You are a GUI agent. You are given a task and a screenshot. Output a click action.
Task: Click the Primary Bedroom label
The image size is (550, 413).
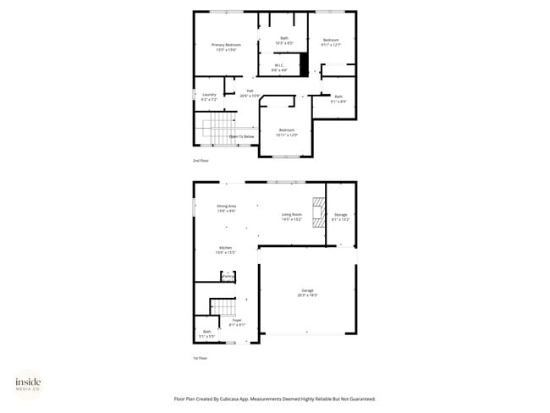pos(226,47)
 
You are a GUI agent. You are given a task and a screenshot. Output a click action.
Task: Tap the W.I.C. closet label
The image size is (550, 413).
pos(278,67)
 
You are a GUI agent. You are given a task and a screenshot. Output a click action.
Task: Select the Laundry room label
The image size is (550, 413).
pos(209,96)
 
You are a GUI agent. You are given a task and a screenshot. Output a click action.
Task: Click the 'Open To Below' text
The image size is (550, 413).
pos(242,135)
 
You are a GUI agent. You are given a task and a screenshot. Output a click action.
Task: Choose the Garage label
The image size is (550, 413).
pos(305,293)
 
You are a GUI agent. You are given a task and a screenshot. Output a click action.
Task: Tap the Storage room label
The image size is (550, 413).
pos(340,217)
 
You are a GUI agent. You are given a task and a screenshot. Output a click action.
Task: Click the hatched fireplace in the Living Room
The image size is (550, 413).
pos(318,214)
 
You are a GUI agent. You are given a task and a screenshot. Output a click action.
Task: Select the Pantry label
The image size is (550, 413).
pos(227,275)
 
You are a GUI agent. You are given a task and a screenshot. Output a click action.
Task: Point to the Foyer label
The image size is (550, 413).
pos(237,322)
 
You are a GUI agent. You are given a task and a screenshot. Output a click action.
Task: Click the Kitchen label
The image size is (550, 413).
pos(223,250)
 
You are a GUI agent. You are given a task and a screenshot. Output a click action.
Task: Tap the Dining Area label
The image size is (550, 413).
pos(226,208)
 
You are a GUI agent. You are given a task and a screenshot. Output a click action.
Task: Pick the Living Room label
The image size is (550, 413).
pos(292,217)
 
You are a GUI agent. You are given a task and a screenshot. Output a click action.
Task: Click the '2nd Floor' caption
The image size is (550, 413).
pos(201,160)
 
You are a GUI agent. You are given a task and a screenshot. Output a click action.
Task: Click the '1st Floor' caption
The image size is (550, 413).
pos(200,358)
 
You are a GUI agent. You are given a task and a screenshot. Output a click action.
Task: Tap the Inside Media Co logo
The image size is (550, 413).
pos(28,384)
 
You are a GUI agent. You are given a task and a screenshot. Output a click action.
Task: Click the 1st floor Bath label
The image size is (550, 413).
pos(207,333)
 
